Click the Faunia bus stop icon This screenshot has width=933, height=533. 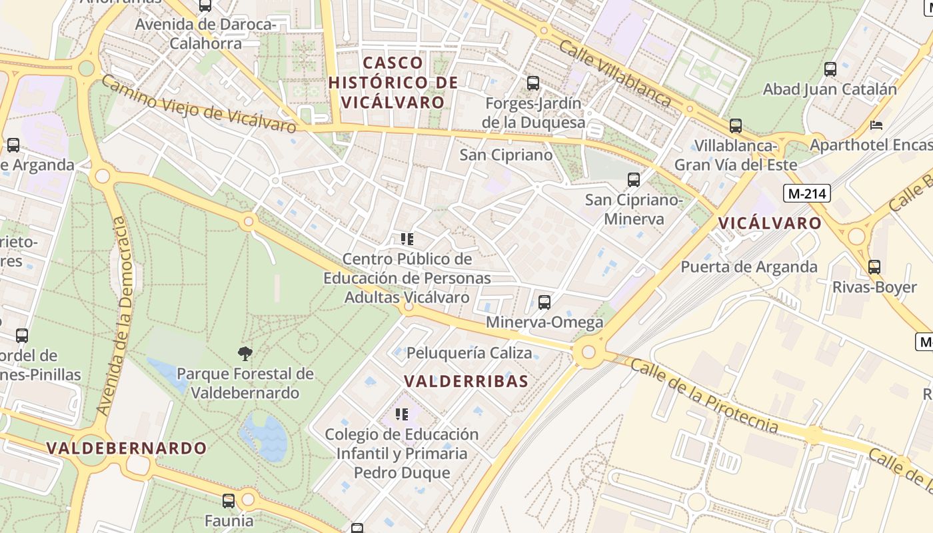(229, 500)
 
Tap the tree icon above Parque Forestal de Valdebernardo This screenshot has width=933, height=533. (245, 353)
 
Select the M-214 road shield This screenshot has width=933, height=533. (807, 194)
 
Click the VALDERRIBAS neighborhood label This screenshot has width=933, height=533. (467, 381)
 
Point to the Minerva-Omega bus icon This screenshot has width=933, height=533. (544, 302)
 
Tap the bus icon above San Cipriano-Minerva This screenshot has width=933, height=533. (634, 179)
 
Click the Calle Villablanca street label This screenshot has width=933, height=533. (614, 73)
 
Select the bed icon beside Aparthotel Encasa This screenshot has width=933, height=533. (877, 125)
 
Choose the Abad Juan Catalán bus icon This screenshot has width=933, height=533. (830, 69)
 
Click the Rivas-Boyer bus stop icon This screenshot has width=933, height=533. (874, 267)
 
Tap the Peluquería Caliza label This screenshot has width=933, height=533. (469, 352)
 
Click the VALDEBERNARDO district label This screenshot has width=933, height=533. (127, 448)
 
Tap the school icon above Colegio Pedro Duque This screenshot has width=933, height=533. (402, 414)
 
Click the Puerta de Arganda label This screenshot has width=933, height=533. (748, 266)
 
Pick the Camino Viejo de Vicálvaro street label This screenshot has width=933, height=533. (198, 105)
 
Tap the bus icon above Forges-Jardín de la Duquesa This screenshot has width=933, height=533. (533, 83)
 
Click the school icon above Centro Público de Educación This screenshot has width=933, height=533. (407, 239)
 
